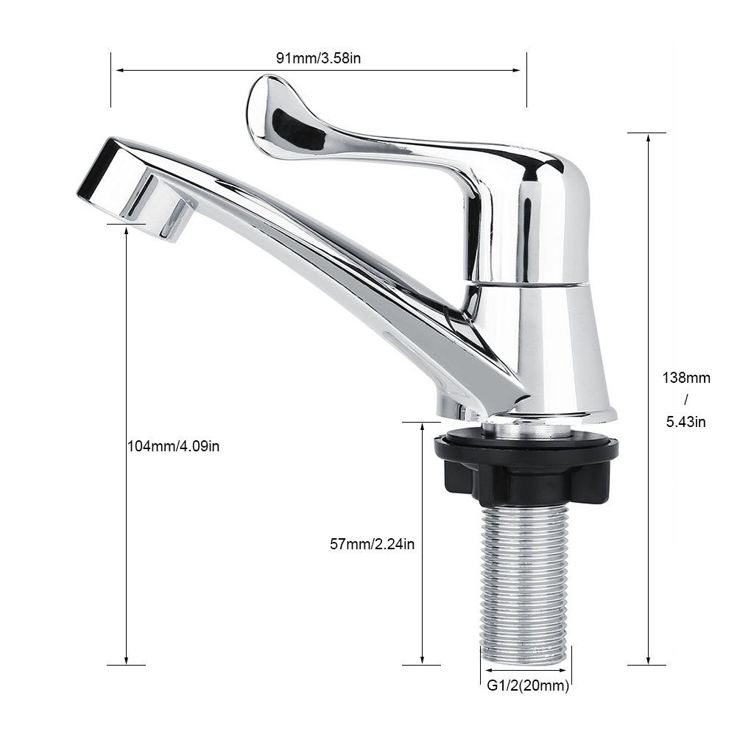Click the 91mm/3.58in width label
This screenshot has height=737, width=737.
[318, 59]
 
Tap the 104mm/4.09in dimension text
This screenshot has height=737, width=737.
[173, 445]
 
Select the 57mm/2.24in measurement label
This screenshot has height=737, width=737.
[372, 545]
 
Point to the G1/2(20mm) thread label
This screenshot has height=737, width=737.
[528, 686]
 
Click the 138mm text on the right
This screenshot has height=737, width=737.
[685, 378]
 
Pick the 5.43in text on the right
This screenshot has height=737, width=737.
[685, 422]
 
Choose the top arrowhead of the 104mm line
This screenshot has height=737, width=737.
[127, 229]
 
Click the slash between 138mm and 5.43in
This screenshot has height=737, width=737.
[685, 400]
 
